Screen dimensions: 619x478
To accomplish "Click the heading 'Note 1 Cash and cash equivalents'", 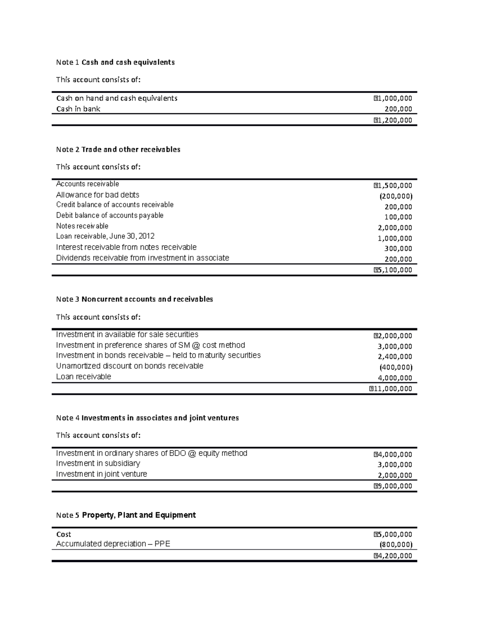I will tap(115, 62).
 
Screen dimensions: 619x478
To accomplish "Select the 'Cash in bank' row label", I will tap(78, 109).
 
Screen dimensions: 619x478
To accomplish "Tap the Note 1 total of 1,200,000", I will tap(393, 120).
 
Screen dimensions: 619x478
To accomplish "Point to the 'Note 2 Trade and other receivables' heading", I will tap(118, 149).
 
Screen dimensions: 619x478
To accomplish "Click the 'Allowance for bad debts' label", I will tap(98, 195).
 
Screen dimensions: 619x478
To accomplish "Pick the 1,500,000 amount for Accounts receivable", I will tap(393, 185).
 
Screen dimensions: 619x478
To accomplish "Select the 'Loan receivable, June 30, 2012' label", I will tap(105, 236).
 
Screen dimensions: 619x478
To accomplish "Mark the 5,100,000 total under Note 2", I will tap(393, 270).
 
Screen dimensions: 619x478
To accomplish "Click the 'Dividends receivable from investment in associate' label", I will tap(143, 258).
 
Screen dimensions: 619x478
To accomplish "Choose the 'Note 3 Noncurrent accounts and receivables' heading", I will tap(134, 299).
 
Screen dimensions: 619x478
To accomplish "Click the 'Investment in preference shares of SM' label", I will tap(150, 345).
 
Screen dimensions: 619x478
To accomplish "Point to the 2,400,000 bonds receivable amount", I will tap(395, 357).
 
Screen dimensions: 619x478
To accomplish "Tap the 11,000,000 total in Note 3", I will tap(391, 389).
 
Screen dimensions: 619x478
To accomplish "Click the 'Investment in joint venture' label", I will tap(102, 474).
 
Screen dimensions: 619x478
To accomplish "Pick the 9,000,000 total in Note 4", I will tap(393, 486).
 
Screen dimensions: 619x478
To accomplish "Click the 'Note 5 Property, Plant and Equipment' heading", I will tap(126, 515).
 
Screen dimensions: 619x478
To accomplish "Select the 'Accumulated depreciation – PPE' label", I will tap(113, 544).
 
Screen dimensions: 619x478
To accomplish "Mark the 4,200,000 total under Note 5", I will tap(393, 556).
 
